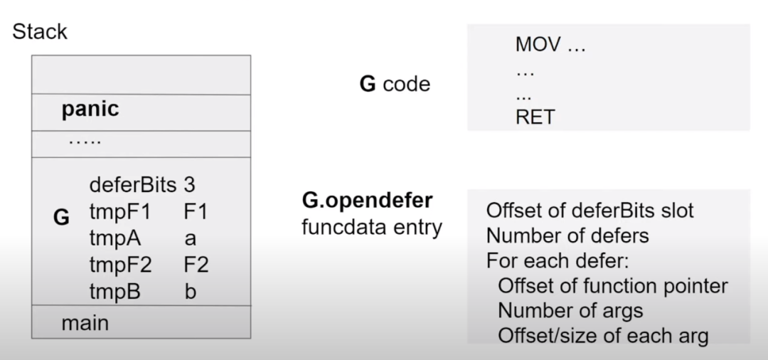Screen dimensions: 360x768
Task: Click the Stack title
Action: pos(40,32)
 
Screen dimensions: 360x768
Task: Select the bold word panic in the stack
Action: pos(90,110)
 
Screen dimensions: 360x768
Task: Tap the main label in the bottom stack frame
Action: pos(85,323)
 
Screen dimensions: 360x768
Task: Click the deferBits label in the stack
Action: pos(132,185)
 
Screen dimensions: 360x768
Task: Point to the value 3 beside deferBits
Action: pos(189,185)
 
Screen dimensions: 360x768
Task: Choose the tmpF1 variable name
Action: pos(119,212)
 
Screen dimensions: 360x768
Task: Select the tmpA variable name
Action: pos(116,238)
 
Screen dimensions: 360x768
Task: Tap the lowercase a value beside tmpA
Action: pos(190,239)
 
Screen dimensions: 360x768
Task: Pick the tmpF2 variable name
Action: pos(121,265)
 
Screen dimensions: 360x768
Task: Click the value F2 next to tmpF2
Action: pos(196,265)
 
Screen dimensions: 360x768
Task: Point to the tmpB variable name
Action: pos(115,292)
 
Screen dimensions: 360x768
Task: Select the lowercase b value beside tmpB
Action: pos(190,292)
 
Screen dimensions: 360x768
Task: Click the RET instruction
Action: pos(535,117)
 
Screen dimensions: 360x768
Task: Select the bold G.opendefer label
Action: pos(367,201)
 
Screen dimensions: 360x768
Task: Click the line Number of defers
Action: pos(567,235)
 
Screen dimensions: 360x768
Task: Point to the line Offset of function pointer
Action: pos(612,286)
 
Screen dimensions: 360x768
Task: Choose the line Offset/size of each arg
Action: pos(603,335)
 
